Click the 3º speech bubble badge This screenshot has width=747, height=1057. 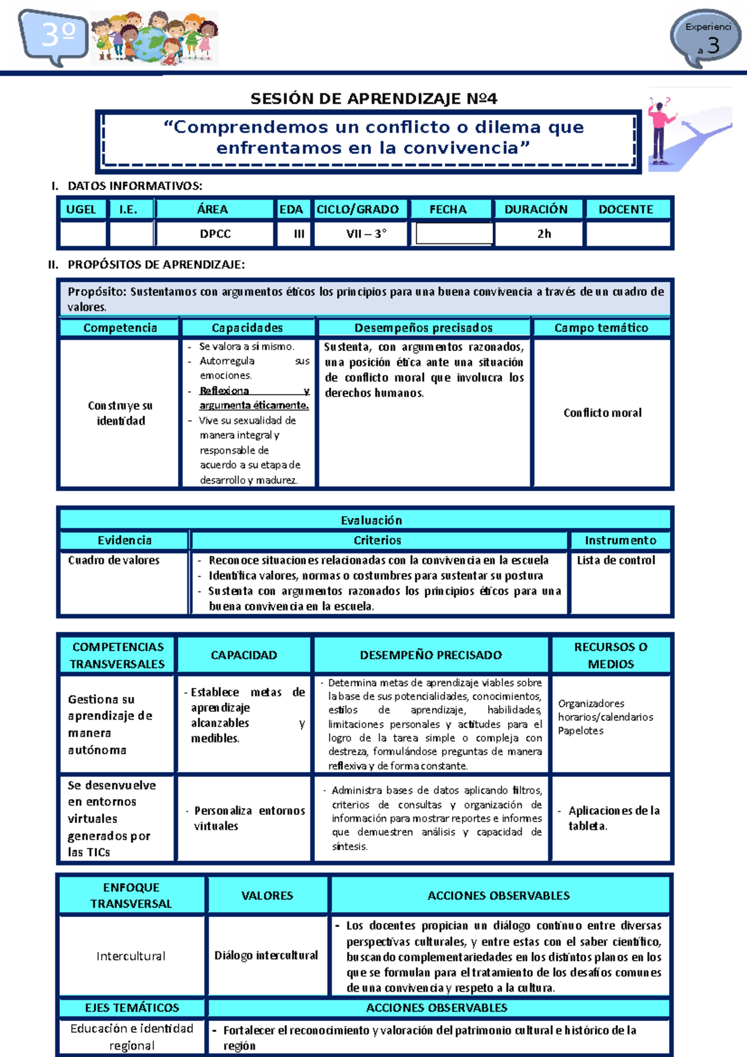click(x=55, y=36)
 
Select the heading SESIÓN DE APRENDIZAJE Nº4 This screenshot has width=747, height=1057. click(x=374, y=99)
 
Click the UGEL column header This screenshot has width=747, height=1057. click(x=82, y=210)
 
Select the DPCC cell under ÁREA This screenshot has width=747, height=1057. click(x=215, y=234)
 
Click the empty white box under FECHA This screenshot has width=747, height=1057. click(x=454, y=234)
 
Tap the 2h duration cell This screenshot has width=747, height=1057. click(x=544, y=234)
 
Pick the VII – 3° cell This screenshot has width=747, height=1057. click(x=366, y=234)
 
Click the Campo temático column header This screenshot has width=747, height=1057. click(x=601, y=328)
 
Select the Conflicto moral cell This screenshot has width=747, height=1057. click(x=602, y=413)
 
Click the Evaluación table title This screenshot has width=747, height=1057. click(x=372, y=520)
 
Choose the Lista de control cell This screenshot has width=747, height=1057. click(x=616, y=560)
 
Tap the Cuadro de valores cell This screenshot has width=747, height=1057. click(x=114, y=560)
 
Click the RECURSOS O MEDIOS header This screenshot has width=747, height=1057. click(x=611, y=655)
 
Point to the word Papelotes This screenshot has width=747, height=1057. click(x=581, y=731)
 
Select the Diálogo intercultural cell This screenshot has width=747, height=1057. click(x=266, y=956)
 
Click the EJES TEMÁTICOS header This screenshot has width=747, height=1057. click(x=132, y=1008)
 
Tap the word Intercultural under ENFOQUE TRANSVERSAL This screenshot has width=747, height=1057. click(x=131, y=956)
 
